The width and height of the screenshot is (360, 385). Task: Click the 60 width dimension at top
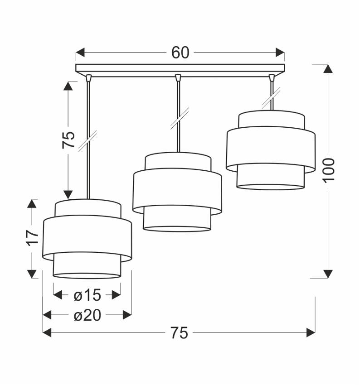click(180, 53)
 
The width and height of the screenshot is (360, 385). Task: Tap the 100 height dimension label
click(328, 170)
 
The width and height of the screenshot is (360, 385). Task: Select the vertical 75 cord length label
click(68, 140)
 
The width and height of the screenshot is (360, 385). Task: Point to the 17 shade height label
click(31, 237)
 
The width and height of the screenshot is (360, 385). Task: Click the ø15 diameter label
click(87, 296)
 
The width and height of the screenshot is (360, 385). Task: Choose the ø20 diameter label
click(87, 315)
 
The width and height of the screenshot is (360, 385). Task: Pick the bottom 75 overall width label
click(179, 333)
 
